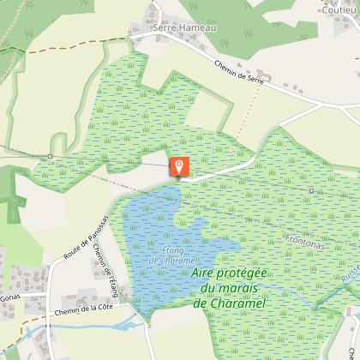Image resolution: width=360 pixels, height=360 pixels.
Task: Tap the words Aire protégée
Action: click(225, 273)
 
